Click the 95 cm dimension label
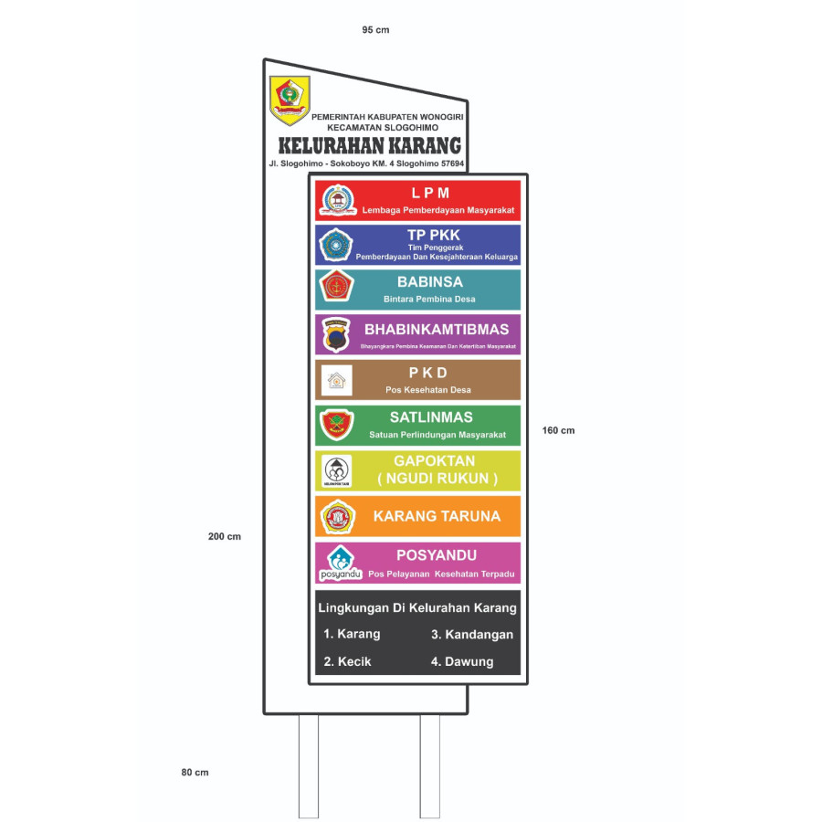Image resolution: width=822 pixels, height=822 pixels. tap(375, 30)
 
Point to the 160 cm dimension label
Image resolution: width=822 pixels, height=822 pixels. tap(558, 430)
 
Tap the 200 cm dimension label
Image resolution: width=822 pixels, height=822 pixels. tap(225, 536)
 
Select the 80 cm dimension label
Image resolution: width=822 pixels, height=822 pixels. tap(195, 772)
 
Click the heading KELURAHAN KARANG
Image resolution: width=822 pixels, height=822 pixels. tap(369, 146)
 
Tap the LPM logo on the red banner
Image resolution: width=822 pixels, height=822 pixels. tap(337, 200)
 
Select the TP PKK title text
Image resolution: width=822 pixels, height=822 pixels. tap(434, 235)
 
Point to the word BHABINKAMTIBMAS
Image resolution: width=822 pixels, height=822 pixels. tap(437, 329)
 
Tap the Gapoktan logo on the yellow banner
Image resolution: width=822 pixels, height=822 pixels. tap(336, 470)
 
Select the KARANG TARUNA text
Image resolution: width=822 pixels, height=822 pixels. tap(437, 516)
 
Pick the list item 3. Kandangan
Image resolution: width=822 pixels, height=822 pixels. tap(472, 634)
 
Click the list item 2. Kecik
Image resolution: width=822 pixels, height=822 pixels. tap(347, 661)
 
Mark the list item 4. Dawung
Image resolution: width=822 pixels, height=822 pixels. tap(462, 661)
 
